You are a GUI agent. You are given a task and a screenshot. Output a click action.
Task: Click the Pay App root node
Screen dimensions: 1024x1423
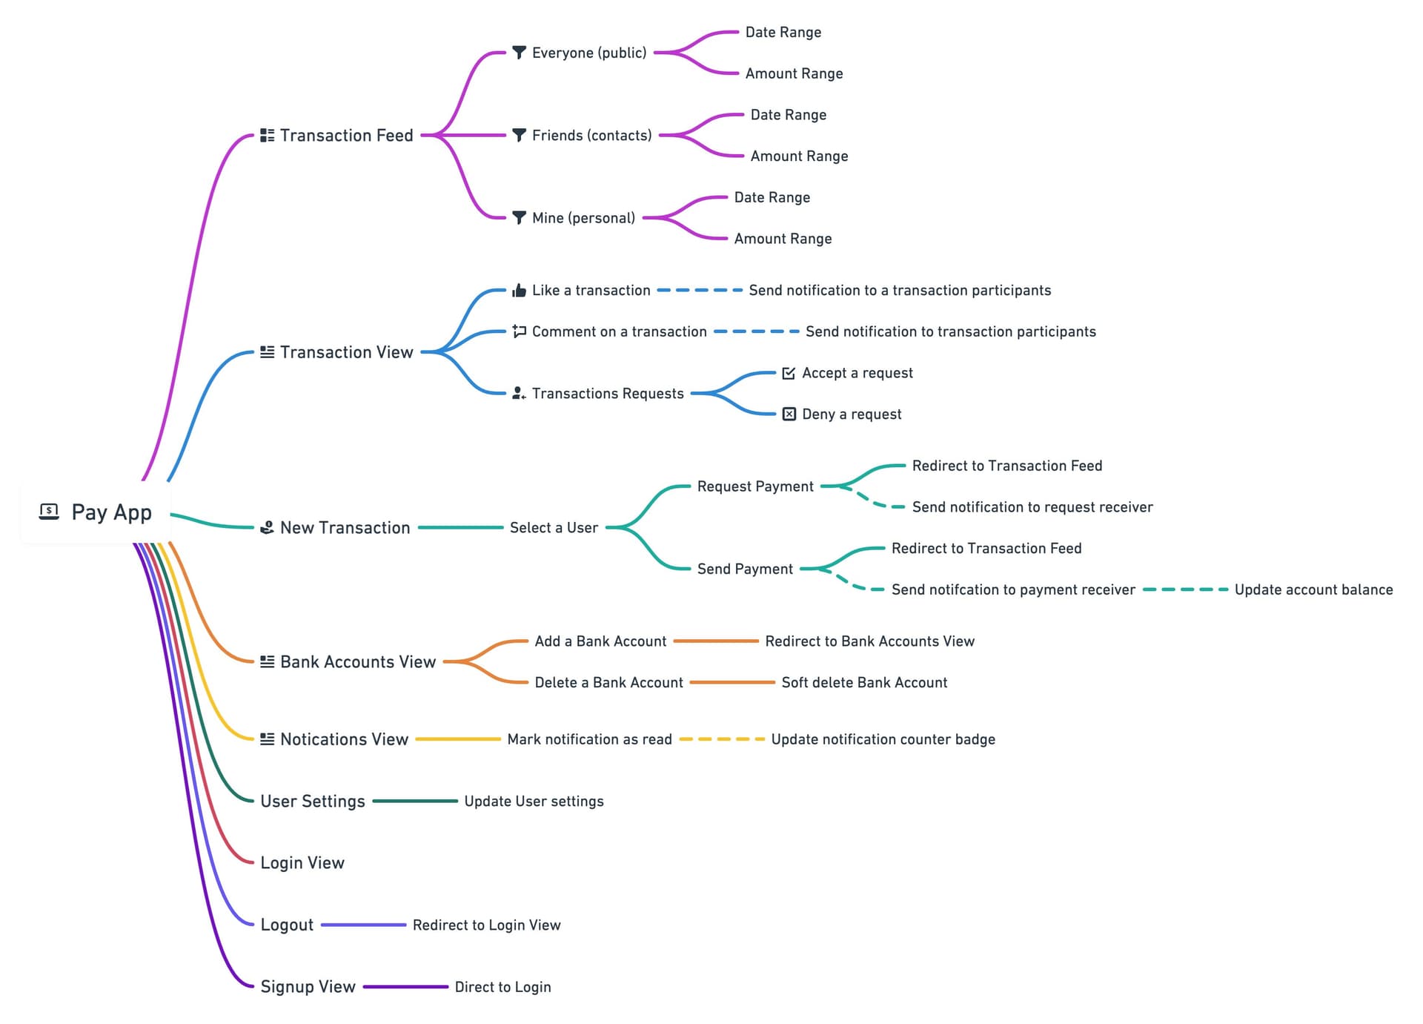(96, 512)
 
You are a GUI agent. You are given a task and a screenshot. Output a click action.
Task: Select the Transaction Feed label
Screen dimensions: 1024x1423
(346, 136)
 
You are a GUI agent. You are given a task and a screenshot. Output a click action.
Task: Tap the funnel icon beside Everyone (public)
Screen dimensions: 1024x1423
(520, 53)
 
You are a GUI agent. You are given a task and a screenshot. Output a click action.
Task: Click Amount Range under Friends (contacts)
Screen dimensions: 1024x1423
(799, 156)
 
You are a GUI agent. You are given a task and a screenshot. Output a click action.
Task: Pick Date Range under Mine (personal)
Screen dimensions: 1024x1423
(772, 198)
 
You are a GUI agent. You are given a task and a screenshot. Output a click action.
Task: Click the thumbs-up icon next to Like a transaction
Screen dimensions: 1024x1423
(520, 290)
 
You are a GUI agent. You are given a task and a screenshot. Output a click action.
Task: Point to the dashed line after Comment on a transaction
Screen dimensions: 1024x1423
(756, 331)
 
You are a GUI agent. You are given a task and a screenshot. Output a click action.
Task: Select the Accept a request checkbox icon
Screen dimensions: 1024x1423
(789, 373)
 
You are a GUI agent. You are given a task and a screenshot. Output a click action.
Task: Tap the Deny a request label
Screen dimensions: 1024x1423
(852, 414)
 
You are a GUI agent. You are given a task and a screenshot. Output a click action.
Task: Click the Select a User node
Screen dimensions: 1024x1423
(554, 528)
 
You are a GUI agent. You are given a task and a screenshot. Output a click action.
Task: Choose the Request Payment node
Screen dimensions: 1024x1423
(755, 486)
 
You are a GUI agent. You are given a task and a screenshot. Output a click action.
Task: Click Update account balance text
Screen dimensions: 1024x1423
(1313, 590)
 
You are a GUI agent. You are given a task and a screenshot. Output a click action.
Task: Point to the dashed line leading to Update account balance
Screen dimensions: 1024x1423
(1184, 590)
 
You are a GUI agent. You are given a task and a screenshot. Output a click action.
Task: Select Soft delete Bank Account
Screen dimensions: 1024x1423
(864, 683)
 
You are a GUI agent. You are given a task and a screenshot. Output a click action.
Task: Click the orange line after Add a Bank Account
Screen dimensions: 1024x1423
(716, 641)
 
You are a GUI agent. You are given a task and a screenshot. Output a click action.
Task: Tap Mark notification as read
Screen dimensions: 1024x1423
(589, 740)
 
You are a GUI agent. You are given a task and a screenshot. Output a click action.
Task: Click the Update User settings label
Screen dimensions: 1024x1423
(534, 802)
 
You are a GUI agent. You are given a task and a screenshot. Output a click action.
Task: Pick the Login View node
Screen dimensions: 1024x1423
(302, 863)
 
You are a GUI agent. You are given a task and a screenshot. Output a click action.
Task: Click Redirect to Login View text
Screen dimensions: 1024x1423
(486, 925)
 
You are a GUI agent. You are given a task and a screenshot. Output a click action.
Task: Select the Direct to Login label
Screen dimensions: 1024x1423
(502, 987)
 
